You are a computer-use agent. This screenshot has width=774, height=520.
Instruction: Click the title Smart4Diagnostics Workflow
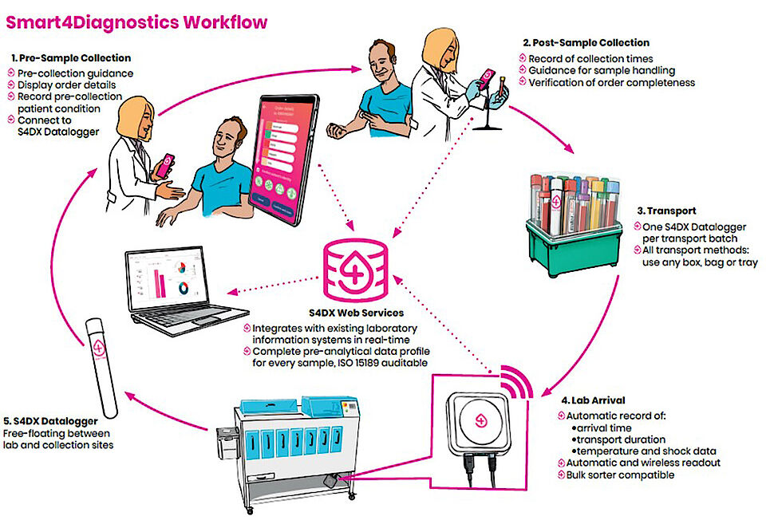click(x=136, y=22)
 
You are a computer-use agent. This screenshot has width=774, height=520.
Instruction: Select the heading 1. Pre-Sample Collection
click(x=72, y=58)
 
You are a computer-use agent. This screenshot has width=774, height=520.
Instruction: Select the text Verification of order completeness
click(x=610, y=82)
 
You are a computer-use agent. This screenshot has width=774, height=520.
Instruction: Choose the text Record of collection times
click(x=590, y=58)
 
